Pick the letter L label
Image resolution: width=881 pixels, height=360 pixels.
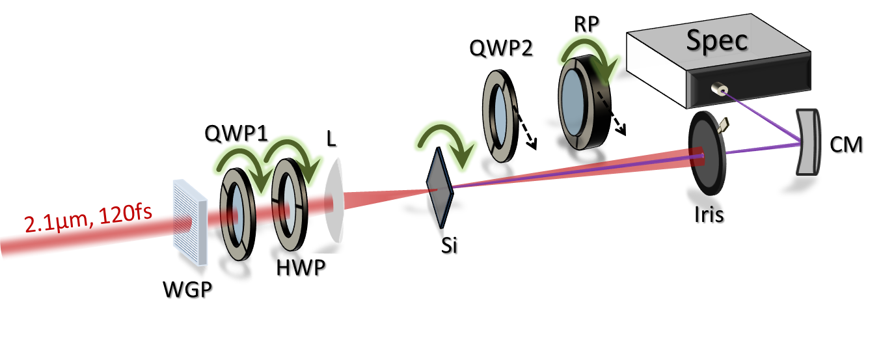pyautogui.click(x=332, y=140)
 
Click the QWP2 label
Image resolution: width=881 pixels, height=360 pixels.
pyautogui.click(x=502, y=49)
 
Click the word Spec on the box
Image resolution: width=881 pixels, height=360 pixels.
pyautogui.click(x=717, y=41)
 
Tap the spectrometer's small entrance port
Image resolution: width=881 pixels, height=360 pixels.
pyautogui.click(x=719, y=89)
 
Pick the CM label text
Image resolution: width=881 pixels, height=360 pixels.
pyautogui.click(x=847, y=146)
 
